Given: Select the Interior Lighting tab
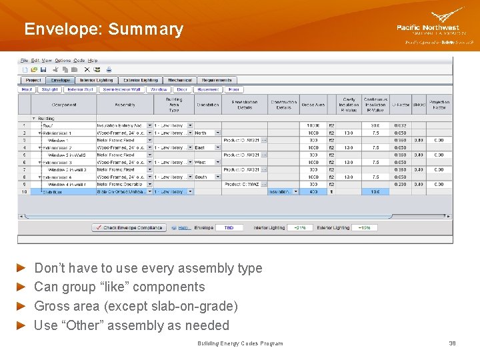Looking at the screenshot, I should [x=97, y=80].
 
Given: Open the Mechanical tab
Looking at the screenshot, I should [x=179, y=80].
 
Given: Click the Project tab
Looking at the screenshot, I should [x=33, y=80].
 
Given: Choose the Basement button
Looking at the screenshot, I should [x=209, y=89].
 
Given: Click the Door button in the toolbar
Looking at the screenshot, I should [x=182, y=89].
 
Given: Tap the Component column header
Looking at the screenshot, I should [x=63, y=105].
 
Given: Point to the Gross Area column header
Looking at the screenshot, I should [x=313, y=105].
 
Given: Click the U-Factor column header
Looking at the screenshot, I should [x=400, y=105].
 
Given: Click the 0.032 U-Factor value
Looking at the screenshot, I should [x=400, y=125].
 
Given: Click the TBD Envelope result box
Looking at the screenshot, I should [x=229, y=228].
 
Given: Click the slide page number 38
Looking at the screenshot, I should [x=452, y=343].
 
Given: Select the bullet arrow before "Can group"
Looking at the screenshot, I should [x=21, y=287].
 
